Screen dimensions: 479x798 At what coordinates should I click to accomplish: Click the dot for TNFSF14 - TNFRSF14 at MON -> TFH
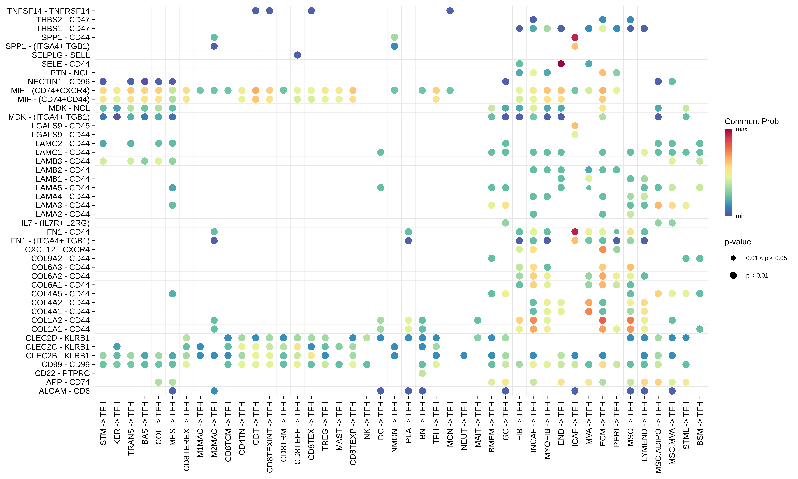click(450, 11)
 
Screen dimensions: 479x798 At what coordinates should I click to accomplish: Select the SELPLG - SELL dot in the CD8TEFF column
click(297, 55)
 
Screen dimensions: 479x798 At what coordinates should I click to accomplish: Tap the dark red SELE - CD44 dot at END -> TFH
click(561, 64)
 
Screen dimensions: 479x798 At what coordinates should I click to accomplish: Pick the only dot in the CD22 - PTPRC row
click(422, 373)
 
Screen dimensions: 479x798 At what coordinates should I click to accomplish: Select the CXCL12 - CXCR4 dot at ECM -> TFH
click(603, 250)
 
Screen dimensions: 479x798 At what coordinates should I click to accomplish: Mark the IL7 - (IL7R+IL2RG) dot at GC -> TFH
click(505, 223)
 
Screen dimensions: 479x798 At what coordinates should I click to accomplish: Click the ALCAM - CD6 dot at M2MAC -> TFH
click(214, 391)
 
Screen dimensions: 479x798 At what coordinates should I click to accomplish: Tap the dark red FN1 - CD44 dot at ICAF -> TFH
click(575, 232)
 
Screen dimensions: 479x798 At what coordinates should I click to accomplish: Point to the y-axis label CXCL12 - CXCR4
click(57, 250)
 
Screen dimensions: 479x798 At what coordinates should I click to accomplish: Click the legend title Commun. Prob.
click(753, 121)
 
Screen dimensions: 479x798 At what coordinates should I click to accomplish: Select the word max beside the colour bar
click(742, 129)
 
